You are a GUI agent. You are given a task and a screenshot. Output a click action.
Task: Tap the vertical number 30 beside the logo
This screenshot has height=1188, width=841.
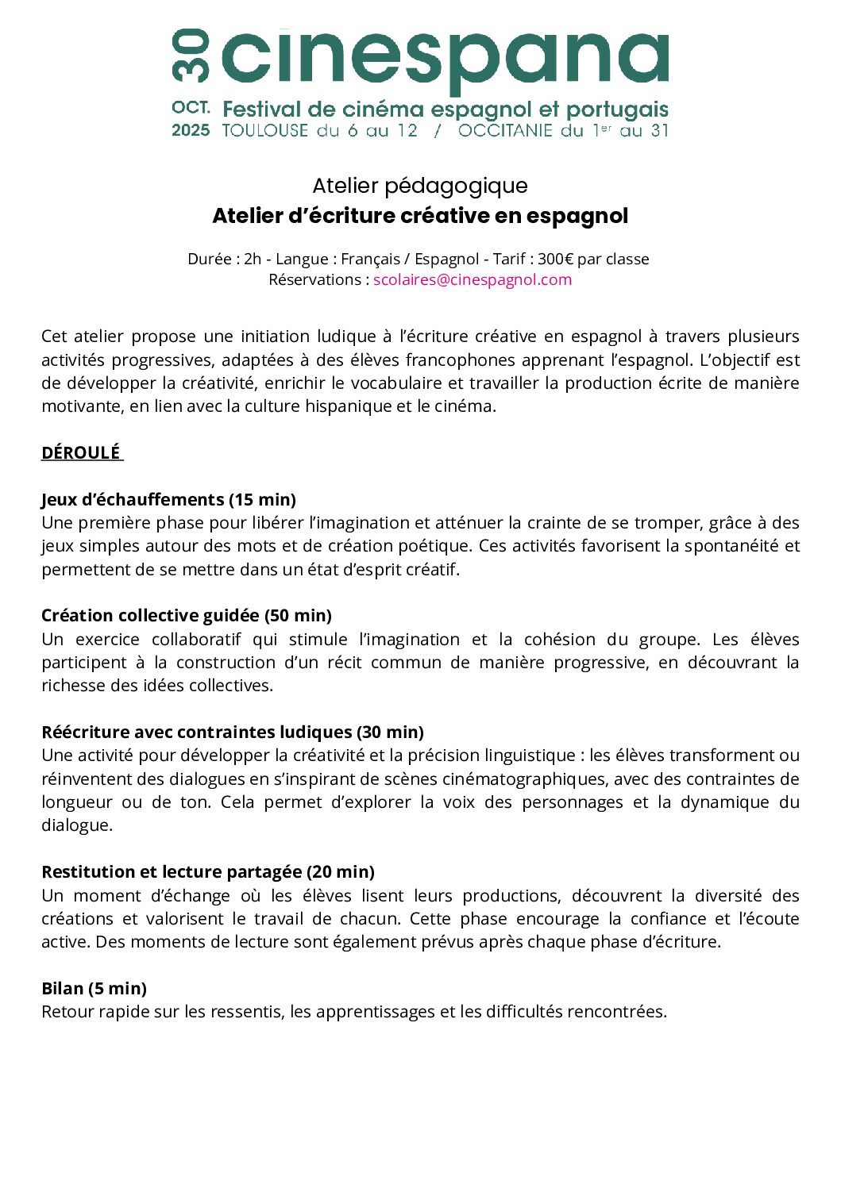191,56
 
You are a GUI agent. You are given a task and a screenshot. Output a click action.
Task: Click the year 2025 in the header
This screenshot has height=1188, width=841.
191,130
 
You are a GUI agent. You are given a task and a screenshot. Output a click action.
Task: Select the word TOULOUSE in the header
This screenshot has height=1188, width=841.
265,130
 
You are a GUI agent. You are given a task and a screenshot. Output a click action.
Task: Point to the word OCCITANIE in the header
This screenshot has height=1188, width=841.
505,130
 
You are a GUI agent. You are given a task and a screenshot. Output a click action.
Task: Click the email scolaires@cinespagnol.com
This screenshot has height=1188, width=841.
473,279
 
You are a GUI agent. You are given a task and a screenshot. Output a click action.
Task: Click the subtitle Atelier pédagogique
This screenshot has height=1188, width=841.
420,186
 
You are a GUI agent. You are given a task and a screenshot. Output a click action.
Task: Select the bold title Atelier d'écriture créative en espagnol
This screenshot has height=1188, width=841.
420,216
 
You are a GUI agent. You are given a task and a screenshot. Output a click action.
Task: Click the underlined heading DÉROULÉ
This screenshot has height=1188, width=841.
81,452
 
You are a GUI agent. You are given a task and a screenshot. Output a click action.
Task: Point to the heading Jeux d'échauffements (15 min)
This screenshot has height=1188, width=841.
168,499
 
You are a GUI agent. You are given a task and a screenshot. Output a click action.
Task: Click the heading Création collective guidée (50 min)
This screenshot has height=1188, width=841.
187,615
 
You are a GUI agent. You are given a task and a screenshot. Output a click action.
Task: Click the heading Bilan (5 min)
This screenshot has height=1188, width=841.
94,988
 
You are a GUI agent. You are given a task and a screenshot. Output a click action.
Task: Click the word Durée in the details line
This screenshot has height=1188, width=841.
210,259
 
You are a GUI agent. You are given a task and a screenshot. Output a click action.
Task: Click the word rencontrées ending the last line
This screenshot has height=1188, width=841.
616,1011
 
